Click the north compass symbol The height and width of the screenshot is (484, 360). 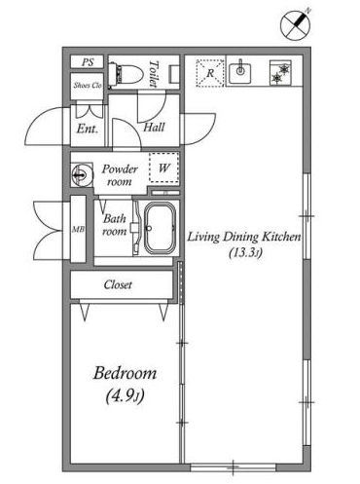(296, 24)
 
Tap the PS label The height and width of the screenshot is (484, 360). (88, 62)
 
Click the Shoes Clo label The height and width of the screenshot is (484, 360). (88, 86)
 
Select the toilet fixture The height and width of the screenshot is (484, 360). (126, 75)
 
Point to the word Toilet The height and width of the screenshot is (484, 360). (154, 74)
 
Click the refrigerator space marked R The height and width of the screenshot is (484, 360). (210, 73)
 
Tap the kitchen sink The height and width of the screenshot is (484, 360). (240, 72)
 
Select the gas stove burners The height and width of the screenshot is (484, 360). (280, 73)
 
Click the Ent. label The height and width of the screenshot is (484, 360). (88, 129)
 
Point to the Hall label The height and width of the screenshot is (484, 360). (154, 127)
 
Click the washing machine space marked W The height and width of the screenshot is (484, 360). (164, 168)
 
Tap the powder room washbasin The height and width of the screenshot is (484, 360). (80, 175)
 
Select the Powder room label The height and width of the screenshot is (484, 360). (120, 175)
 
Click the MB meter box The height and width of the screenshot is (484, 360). (78, 229)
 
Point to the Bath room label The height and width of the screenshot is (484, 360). (115, 225)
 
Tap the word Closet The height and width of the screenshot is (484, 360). (118, 284)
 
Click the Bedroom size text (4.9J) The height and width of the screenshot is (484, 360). (125, 396)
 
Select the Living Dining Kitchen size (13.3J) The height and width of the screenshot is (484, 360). (245, 253)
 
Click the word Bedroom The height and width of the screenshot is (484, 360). (125, 373)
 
